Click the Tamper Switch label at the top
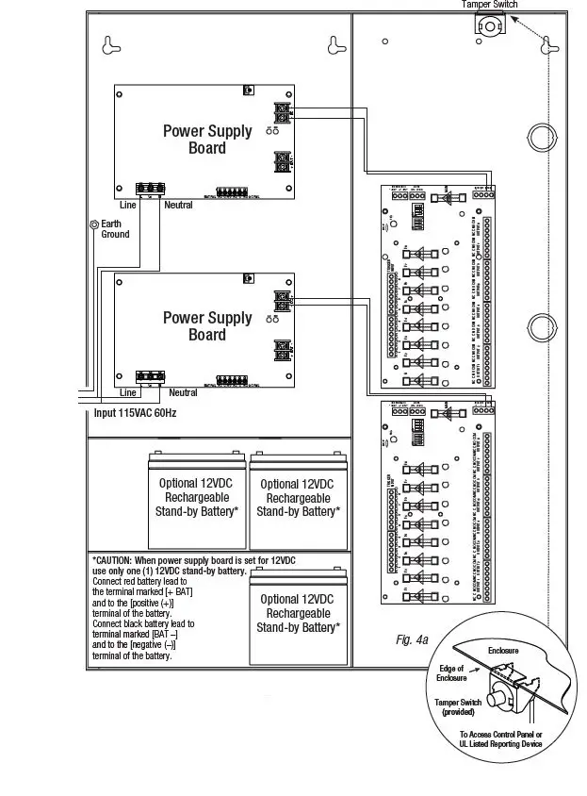click(489, 5)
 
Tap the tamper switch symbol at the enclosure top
click(490, 26)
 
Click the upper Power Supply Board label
click(207, 140)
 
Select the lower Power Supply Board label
click(207, 325)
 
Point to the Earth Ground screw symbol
click(92, 224)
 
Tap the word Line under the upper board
click(127, 205)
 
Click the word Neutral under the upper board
click(178, 205)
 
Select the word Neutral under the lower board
click(183, 392)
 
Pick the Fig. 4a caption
click(412, 640)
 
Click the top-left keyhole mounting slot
click(112, 43)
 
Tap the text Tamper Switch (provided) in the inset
click(459, 706)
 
